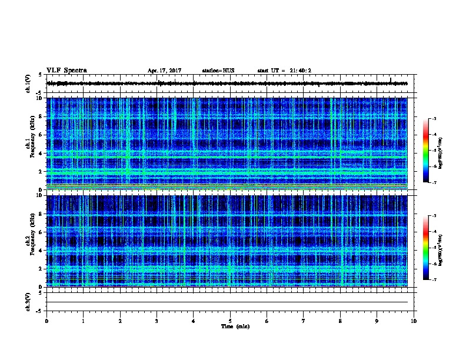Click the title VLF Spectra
point(66,71)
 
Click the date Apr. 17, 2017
point(164,71)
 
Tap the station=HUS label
point(218,71)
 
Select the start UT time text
point(284,71)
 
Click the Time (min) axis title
point(235,326)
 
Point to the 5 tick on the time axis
point(230,321)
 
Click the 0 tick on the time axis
point(46,321)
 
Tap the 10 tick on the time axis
point(414,321)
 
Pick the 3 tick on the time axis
point(157,321)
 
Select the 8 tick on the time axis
point(340,321)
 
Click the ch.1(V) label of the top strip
point(28,84)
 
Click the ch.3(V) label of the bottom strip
point(28,301)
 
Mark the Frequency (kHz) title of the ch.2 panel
point(34,241)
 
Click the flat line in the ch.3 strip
point(229,302)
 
